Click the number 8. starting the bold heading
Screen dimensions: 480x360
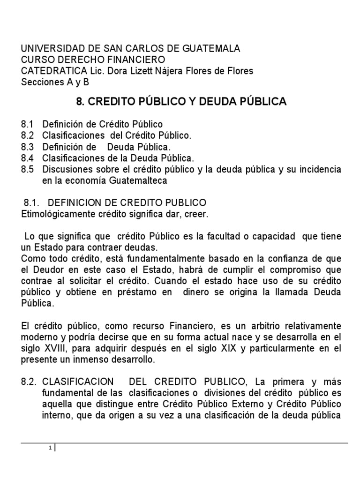[80, 102]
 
